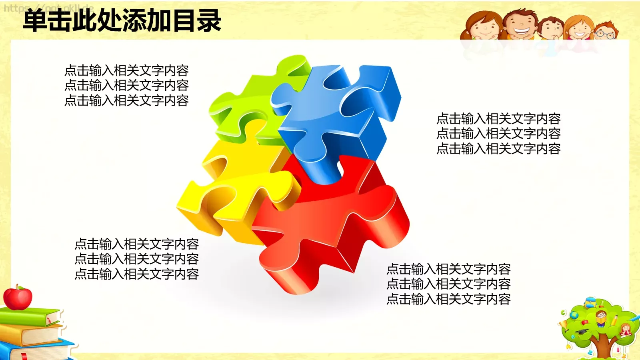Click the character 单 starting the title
pos(35,21)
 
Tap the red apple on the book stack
pos(18,298)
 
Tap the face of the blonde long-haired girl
pos(579,29)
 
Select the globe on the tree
pos(574,315)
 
